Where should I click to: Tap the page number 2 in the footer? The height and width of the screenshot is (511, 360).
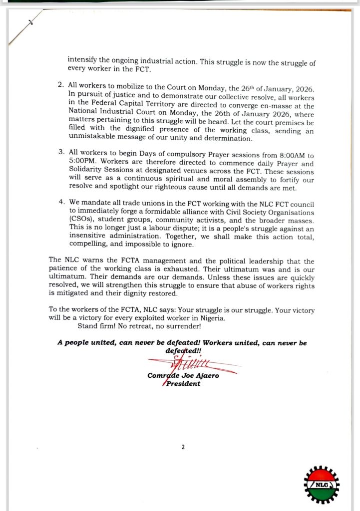tap(183, 447)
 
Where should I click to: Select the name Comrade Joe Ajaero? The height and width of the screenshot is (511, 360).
tap(183, 376)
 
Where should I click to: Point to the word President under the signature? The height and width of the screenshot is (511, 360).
tap(183, 384)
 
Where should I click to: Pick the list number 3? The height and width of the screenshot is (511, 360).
tap(60, 151)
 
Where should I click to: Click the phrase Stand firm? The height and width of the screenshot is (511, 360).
tap(95, 326)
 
